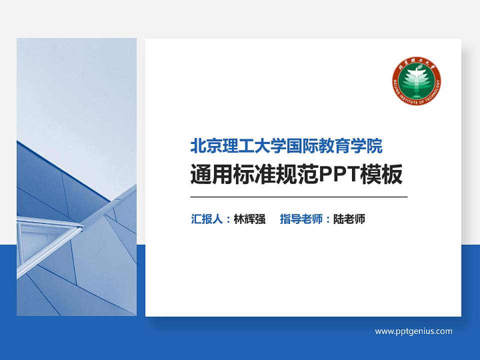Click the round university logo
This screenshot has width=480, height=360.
coord(416,81)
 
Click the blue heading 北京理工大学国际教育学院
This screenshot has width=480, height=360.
coord(286,146)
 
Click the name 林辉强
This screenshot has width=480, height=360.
coord(249,219)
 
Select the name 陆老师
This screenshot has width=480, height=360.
coord(349,219)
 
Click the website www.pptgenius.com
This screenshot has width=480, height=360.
coord(413,331)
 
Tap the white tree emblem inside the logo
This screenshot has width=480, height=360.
coord(416,80)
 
